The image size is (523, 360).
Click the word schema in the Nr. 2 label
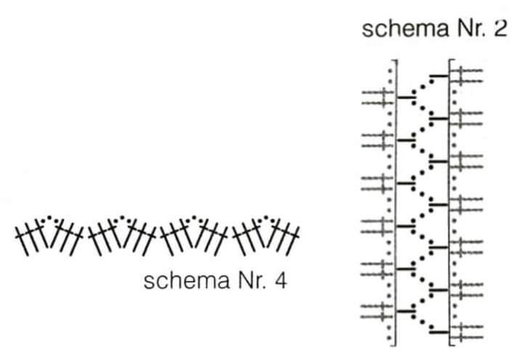(405, 28)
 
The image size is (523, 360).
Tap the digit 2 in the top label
(500, 28)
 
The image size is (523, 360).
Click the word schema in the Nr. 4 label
(187, 281)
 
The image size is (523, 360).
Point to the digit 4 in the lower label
(281, 281)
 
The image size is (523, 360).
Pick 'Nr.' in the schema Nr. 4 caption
(253, 281)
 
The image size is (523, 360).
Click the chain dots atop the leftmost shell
(49, 218)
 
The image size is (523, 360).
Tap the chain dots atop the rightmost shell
(266, 218)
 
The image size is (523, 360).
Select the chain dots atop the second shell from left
(122, 218)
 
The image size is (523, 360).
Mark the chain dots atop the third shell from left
(193, 218)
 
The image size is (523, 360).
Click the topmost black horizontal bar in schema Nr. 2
(439, 76)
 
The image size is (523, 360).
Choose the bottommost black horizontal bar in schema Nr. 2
(439, 332)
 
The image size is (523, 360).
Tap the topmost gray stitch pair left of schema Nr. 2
(378, 97)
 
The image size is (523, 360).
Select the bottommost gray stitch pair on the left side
(377, 311)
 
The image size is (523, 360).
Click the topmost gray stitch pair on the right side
(466, 75)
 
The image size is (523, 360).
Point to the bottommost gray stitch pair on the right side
(466, 332)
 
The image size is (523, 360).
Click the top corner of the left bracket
(396, 61)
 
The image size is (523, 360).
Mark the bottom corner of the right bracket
(450, 345)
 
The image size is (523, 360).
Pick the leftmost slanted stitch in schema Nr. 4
(22, 241)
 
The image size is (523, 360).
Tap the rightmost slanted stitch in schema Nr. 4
(293, 241)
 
